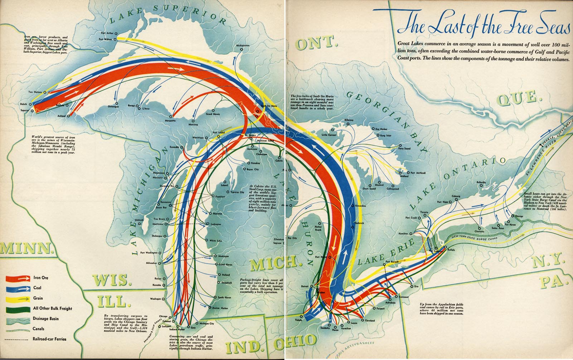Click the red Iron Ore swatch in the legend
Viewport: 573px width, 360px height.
click(x=18, y=278)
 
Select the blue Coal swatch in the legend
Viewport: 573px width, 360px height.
click(x=18, y=288)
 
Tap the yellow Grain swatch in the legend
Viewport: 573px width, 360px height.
click(x=18, y=298)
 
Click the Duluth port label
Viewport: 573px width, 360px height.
click(x=23, y=104)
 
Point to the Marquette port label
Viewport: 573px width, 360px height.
click(x=170, y=121)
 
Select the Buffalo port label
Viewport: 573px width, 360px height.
click(x=451, y=250)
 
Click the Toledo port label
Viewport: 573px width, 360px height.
click(x=298, y=320)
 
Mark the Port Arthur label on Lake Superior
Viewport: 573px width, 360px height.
click(x=107, y=33)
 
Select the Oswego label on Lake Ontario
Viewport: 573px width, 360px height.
click(x=519, y=216)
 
